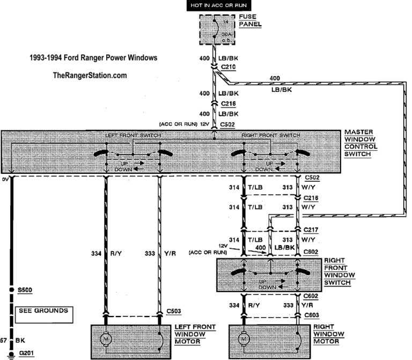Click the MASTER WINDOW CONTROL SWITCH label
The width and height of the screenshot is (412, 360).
pos(362,143)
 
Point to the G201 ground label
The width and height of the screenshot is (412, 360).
pos(26,353)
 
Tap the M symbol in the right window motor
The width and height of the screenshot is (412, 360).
pos(245,340)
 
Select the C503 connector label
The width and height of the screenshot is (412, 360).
pos(174,311)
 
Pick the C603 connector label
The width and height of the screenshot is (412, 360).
pos(312,315)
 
